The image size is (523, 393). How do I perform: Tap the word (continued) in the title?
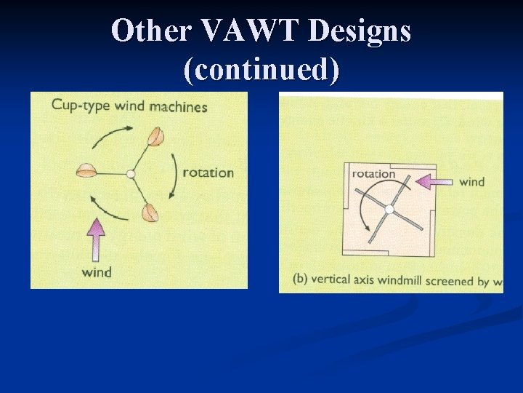coord(261,70)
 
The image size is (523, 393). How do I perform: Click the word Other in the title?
coord(152,31)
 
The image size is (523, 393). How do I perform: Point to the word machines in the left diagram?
coord(178,107)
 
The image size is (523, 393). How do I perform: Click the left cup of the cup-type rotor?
coord(86,170)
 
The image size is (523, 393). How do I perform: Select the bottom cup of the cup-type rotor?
coord(150,213)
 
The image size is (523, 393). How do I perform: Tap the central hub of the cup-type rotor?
coord(130,174)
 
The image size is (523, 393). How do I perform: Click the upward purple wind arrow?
coord(96,241)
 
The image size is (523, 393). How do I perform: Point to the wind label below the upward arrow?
coord(96,272)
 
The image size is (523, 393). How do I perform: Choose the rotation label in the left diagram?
coord(208,172)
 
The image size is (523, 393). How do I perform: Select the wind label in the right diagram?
coord(471,181)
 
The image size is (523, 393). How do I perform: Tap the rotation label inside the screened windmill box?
coord(373,174)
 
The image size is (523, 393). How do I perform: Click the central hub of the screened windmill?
coord(389,210)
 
